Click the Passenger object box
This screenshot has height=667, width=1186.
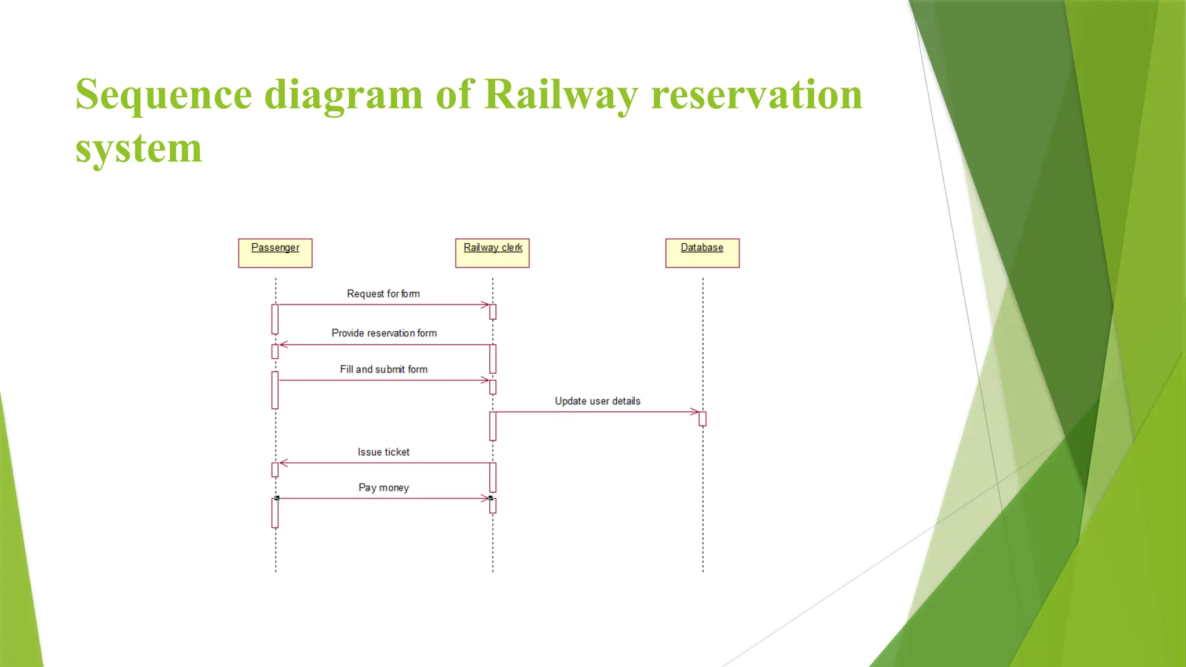[x=275, y=253]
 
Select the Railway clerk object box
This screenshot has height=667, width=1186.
[x=492, y=253]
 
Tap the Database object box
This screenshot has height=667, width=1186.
[x=702, y=253]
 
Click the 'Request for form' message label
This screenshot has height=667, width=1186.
[x=383, y=294]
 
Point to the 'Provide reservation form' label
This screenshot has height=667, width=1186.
[x=384, y=333]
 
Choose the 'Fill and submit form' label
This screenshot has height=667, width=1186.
[x=383, y=369]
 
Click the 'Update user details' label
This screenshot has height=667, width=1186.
[x=597, y=401]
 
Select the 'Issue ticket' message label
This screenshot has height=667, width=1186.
[x=383, y=452]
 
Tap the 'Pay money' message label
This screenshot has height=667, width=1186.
[x=383, y=488]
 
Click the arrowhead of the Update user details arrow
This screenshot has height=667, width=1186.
[x=696, y=412]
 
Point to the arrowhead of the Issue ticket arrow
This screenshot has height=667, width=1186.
[x=283, y=463]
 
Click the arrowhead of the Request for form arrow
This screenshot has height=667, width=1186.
[x=485, y=305]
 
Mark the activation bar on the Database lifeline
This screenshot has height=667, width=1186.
[x=702, y=419]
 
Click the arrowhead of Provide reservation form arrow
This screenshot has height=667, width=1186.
[x=283, y=345]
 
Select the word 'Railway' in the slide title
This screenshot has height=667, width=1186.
[x=561, y=94]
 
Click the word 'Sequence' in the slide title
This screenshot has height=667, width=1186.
[x=164, y=94]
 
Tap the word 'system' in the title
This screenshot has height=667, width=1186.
[x=138, y=149]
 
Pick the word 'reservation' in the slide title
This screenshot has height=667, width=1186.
[x=756, y=94]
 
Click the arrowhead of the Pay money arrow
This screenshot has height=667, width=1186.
[x=485, y=498]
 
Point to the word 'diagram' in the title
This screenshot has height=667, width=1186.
[x=343, y=94]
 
